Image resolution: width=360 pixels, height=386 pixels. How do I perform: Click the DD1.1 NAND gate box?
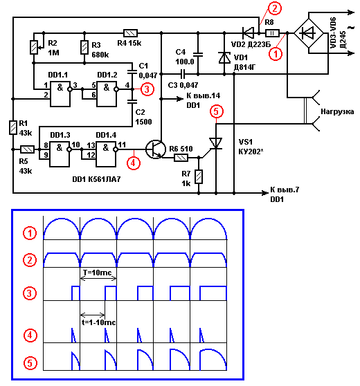point(60,94)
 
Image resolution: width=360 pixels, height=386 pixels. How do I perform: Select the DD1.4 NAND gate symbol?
point(106,154)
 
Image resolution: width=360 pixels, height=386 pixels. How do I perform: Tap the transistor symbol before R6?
point(156,149)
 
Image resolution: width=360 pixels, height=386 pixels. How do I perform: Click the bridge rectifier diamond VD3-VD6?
point(309,33)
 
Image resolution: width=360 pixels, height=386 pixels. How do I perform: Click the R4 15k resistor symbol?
point(130,33)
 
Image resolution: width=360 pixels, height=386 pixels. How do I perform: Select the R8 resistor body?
point(272,33)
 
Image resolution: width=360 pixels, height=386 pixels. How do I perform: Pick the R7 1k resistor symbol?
point(199,176)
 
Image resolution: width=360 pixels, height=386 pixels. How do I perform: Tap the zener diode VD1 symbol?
point(224,58)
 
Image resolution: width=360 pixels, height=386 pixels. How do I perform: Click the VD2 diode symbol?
point(248,33)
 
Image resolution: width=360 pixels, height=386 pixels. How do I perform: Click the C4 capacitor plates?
point(198,55)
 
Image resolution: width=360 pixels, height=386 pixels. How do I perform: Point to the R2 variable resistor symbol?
point(35,47)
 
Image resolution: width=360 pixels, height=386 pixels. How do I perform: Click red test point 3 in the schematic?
point(147,89)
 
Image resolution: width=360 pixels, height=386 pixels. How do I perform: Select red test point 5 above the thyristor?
point(216,111)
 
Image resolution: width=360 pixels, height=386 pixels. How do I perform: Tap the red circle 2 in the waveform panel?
point(30,260)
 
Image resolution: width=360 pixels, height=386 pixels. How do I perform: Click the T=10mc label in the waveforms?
point(98,273)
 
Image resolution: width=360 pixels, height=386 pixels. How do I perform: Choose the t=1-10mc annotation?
point(98,322)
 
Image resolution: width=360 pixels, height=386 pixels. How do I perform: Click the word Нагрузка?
point(337,111)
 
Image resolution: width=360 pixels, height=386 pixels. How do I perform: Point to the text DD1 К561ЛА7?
point(96,179)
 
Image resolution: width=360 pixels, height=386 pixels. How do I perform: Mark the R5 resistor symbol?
point(27,149)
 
